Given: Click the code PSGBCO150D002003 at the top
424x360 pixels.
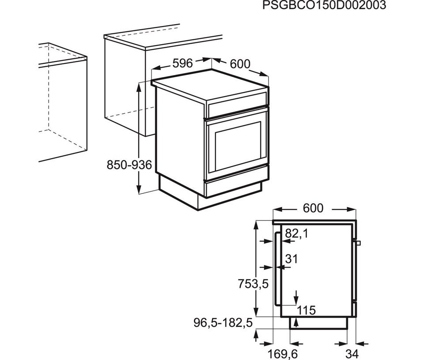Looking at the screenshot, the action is (324, 5).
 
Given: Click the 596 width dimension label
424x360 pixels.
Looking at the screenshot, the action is (182, 63).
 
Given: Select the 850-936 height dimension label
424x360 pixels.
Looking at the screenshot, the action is (129, 165).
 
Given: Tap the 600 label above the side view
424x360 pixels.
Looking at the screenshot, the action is (313, 208).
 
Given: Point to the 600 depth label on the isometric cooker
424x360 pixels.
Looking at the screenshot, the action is (240, 64).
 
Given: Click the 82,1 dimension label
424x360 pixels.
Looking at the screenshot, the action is (297, 234).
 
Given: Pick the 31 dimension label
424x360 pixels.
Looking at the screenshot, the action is (291, 259).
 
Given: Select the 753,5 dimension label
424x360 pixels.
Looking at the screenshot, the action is (253, 284).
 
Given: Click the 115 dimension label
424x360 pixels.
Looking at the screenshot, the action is (307, 311).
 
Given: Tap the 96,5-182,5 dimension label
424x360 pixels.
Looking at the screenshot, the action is (223, 323).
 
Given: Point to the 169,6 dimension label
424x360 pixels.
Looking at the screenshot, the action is (283, 353).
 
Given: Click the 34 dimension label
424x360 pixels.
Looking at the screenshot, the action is (352, 353).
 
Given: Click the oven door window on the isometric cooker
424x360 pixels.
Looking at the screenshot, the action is (238, 146).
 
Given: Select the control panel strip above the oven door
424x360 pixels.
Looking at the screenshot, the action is (238, 104).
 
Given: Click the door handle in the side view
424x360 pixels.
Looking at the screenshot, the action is (276, 269).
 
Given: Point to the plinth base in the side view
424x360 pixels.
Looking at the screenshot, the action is (318, 323).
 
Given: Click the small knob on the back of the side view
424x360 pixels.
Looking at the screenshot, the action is (359, 243).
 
